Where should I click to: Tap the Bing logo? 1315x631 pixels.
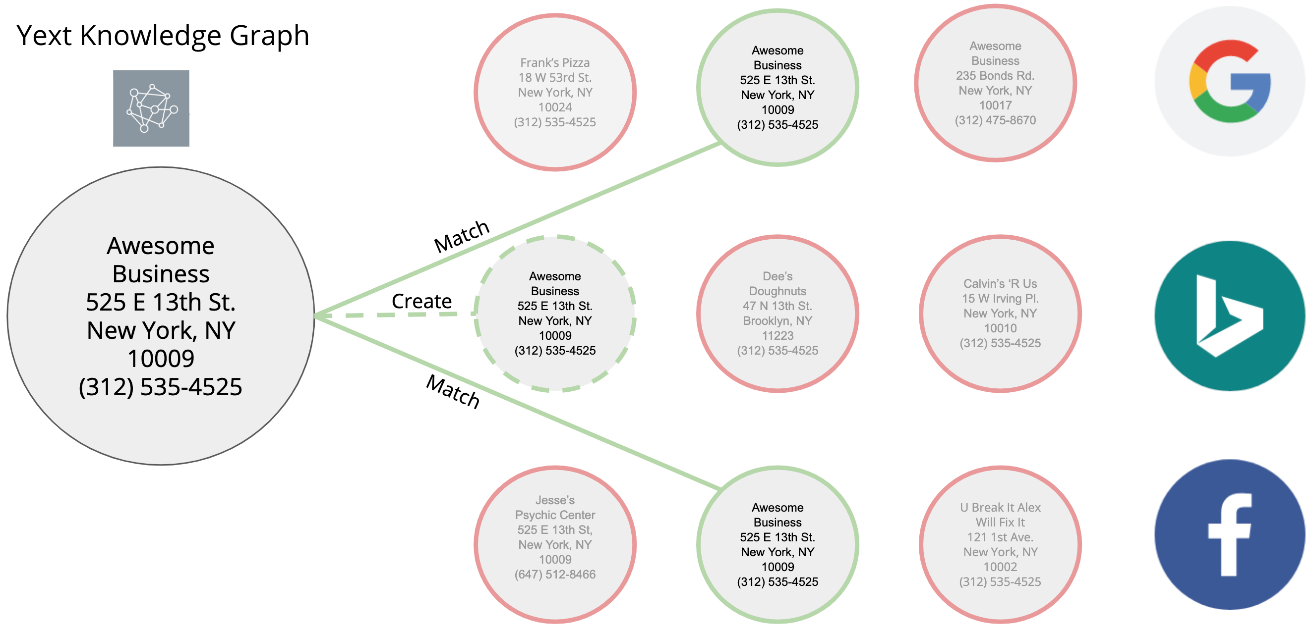(x=1230, y=316)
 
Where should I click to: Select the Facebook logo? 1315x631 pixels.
(x=1230, y=534)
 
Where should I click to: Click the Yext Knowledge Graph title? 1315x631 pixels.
(x=163, y=36)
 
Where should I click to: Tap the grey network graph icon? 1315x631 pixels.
(x=151, y=108)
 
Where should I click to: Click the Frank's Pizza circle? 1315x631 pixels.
(x=555, y=92)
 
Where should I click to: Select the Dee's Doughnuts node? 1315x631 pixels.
(x=777, y=313)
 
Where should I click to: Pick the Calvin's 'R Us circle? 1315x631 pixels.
(x=1000, y=313)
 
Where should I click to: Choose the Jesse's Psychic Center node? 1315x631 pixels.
(x=555, y=544)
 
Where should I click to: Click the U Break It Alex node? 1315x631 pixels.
(x=1000, y=544)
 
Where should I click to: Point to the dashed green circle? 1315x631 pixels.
(x=555, y=313)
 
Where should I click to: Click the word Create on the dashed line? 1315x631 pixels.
(x=421, y=301)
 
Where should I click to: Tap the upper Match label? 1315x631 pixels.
(x=462, y=236)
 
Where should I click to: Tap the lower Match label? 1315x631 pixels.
(x=453, y=391)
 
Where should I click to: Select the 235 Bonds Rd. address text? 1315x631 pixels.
(x=995, y=75)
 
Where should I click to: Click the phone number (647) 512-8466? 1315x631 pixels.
(x=555, y=575)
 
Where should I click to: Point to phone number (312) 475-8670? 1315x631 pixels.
(x=996, y=120)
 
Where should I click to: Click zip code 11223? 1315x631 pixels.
(x=777, y=336)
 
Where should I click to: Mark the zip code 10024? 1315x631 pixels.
(x=555, y=107)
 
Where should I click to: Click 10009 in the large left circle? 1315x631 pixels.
(x=161, y=359)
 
